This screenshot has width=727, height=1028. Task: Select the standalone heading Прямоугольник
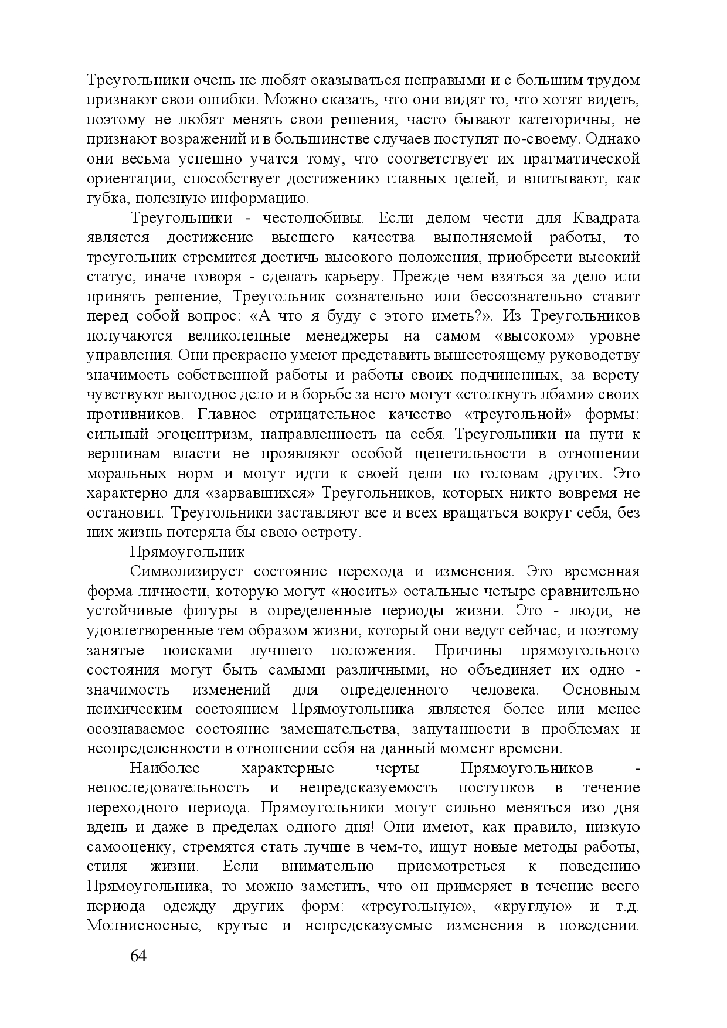[187, 552]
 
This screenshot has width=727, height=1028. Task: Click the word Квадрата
[604, 218]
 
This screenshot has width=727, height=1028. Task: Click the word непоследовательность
[168, 788]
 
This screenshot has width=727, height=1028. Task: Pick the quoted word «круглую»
[533, 906]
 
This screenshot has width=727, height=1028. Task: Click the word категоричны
[562, 120]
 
